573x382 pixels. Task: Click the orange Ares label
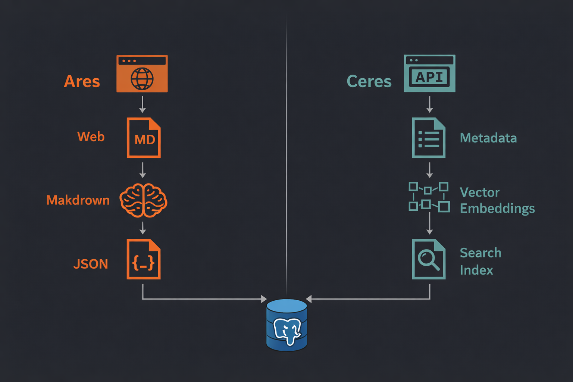coord(82,81)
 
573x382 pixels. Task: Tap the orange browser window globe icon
coord(142,74)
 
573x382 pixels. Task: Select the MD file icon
coord(144,138)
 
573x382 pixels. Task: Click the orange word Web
coord(91,137)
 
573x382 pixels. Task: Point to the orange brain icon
coord(143,200)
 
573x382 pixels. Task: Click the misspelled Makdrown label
coord(78,200)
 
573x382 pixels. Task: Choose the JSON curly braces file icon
coord(144,259)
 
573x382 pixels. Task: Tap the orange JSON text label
coord(91,264)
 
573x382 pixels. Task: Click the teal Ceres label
coord(369,81)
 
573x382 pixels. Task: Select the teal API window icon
coord(429,73)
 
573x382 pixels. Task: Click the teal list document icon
coord(428,138)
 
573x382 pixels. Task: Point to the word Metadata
coord(488,138)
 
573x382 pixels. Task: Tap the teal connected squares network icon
coord(429,197)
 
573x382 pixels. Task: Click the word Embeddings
coord(497,209)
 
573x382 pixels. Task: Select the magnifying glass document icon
coord(428,259)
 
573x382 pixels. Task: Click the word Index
coord(476,270)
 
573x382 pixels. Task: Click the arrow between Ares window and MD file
coord(143,104)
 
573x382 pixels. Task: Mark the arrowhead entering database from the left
coord(264,299)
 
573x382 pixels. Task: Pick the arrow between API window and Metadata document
coord(430,104)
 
